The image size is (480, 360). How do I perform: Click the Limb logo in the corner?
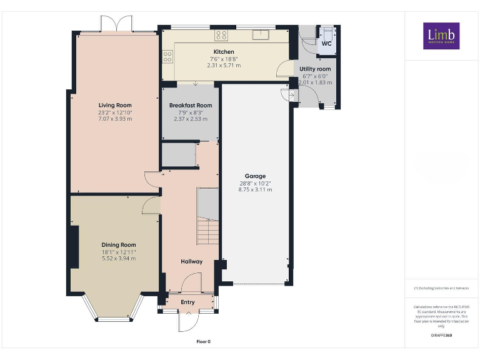(x=441, y=36)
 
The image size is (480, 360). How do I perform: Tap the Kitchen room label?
(x=224, y=52)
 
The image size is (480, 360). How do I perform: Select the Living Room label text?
(x=115, y=105)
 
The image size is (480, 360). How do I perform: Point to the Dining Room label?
(x=119, y=245)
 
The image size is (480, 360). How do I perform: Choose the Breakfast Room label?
(x=191, y=106)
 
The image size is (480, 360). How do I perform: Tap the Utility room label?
(x=315, y=69)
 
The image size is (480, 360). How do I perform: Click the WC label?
(x=326, y=44)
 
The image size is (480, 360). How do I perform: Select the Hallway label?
(x=192, y=261)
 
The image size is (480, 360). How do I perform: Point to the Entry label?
(x=187, y=302)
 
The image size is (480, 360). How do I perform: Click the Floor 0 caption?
(x=204, y=342)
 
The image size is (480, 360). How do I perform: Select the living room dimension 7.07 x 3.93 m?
(x=115, y=119)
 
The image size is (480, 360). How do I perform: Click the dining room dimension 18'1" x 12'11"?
(x=119, y=252)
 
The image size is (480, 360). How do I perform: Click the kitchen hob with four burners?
(x=221, y=35)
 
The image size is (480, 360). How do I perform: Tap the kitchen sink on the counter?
(x=261, y=34)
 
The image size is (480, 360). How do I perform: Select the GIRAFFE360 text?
(x=441, y=336)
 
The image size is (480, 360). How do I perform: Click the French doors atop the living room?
(x=117, y=24)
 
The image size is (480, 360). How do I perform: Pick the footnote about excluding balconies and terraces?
(x=441, y=288)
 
